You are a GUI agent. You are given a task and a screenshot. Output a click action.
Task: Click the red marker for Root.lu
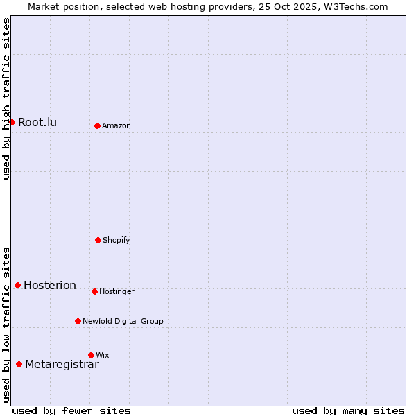point(12,122)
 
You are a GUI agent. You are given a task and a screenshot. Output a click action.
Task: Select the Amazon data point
point(97,125)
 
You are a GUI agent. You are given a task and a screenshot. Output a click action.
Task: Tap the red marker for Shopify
point(98,240)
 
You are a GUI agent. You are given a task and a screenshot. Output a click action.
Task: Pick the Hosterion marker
point(17,285)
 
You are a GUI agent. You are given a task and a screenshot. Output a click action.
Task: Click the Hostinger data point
point(94,291)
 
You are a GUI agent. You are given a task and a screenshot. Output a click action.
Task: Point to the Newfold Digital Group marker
point(78,321)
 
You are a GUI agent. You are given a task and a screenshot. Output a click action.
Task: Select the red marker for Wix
point(91,355)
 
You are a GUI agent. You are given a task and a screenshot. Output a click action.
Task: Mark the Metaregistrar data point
point(19,364)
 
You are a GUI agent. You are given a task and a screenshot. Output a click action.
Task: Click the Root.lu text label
point(37,123)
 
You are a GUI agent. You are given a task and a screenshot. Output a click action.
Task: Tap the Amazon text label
point(116,125)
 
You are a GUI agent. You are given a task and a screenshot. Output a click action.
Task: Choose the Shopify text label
point(116,240)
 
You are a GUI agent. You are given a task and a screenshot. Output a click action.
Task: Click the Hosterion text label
point(50,286)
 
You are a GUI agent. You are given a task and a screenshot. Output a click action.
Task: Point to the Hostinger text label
point(116,291)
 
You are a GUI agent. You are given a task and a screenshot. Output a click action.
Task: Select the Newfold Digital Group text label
point(123,321)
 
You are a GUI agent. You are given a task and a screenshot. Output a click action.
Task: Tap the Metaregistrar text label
point(62,365)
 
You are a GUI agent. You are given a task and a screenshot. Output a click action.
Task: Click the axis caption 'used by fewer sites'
point(71,410)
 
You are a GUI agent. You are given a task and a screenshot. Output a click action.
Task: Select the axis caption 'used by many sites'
point(348,410)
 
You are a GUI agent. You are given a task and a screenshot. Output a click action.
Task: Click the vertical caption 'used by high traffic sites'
point(6,98)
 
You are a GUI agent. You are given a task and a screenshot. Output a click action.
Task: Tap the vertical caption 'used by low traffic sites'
point(6,324)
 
